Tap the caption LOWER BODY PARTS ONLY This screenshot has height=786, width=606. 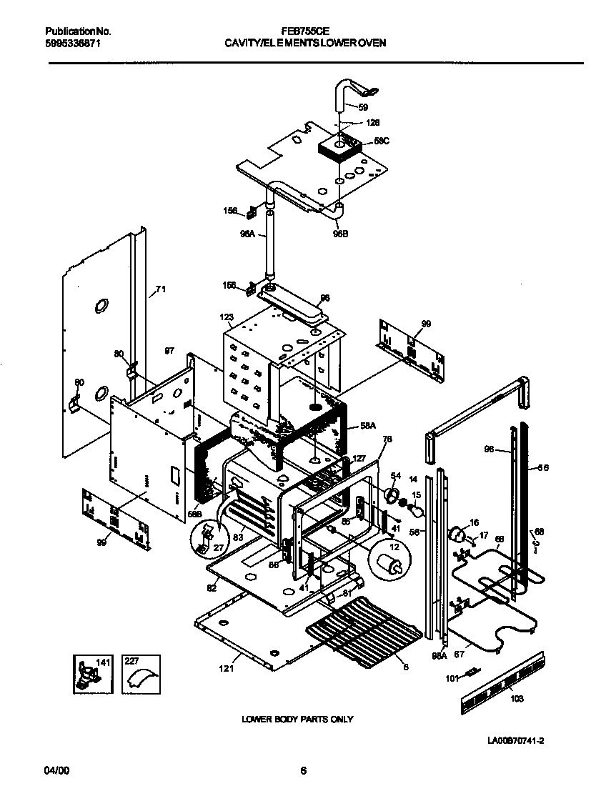[297, 719]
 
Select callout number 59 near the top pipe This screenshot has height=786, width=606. [363, 107]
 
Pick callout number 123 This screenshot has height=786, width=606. [227, 317]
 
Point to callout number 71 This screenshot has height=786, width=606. [161, 289]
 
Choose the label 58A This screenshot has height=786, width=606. [368, 425]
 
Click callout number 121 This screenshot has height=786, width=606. [226, 669]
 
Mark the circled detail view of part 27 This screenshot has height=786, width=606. [207, 537]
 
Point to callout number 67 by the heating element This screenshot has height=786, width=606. [459, 654]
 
